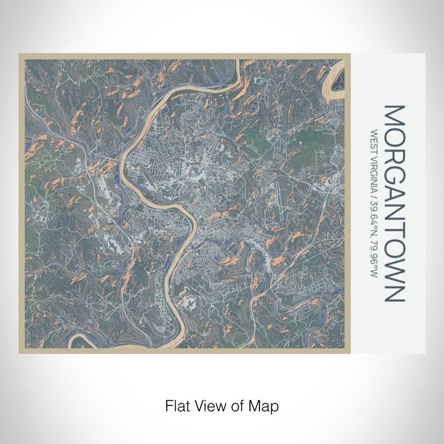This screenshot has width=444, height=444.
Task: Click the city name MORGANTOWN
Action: pos(394,203)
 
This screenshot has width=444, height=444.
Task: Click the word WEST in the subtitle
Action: pos(374,141)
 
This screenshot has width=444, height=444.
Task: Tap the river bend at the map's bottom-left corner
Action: pos(79,341)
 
